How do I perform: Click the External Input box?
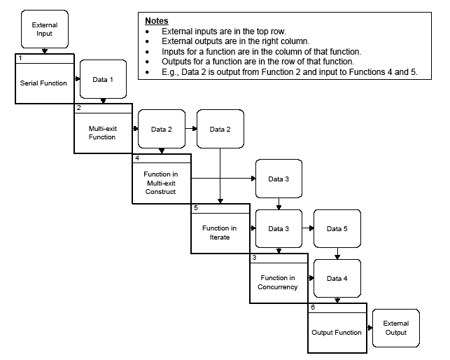tap(45, 29)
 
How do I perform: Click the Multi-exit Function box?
tap(103, 133)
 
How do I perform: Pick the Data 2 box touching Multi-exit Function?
tap(162, 130)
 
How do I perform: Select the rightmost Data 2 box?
tap(220, 130)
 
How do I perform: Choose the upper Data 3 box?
tap(279, 179)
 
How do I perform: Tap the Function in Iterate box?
tap(220, 233)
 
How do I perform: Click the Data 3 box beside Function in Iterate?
tap(279, 229)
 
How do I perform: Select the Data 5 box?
tap(337, 229)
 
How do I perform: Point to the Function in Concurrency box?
tap(279, 282)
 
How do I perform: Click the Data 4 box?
tap(337, 278)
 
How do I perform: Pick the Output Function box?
tap(337, 332)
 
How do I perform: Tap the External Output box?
tap(396, 328)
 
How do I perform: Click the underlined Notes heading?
tap(157, 22)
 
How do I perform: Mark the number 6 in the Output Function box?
tap(312, 308)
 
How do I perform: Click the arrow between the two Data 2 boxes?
tap(191, 130)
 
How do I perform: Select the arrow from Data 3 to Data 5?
tap(308, 229)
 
